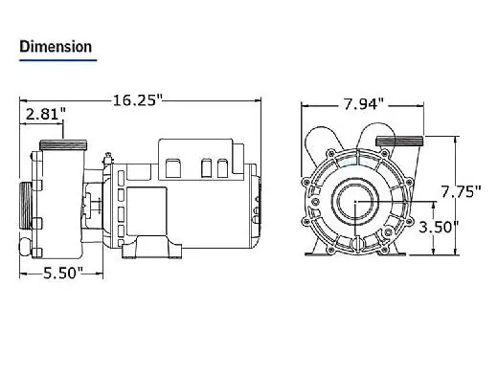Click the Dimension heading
[56, 47]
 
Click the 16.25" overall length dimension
[138, 100]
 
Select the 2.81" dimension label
[45, 114]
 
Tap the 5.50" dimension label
[63, 273]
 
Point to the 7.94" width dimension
[364, 104]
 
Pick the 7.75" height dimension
[461, 192]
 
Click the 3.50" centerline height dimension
[439, 228]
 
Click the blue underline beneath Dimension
[57, 59]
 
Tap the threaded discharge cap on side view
[63, 145]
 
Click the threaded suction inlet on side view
[26, 206]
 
